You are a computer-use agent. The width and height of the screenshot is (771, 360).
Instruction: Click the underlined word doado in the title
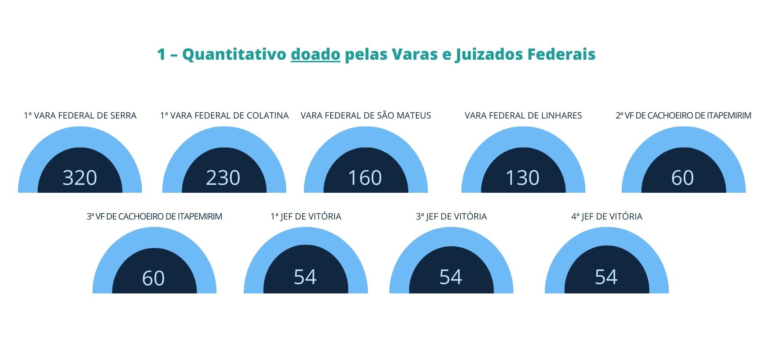pos(315,54)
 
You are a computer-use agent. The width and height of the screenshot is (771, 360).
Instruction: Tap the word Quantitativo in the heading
pos(234,54)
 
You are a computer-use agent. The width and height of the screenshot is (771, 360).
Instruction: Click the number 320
pos(80,178)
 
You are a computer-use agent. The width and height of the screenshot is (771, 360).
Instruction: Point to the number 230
pos(223,178)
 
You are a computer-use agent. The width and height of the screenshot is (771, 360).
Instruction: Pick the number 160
pos(365,178)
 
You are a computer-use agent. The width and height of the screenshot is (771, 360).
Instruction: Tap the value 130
pos(522,178)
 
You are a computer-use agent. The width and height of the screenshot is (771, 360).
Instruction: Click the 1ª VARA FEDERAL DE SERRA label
pos(80,115)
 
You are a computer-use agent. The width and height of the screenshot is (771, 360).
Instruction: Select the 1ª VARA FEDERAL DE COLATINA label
pos(224,115)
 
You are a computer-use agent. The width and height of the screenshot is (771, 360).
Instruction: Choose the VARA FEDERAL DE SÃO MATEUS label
pos(366,115)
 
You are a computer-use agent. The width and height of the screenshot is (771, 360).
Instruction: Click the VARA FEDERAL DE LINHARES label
pos(523,115)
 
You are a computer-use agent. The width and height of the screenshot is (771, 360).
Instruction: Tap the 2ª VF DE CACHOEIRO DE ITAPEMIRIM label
pos(683,115)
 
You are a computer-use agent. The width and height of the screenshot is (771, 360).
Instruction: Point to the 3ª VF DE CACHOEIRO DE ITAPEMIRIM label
pos(154,216)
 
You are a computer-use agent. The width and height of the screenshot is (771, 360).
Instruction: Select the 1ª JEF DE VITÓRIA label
pos(306,216)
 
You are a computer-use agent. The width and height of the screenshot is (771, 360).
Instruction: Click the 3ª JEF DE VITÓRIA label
pos(451,216)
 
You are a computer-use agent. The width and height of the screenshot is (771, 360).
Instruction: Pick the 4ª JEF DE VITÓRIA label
pos(607,216)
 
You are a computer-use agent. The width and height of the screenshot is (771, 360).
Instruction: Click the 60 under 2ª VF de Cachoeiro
pos(683,178)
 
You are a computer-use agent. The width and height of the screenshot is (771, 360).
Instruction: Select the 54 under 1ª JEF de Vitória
pos(305,277)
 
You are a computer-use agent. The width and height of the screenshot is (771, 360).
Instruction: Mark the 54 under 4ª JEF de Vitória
pos(606,277)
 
